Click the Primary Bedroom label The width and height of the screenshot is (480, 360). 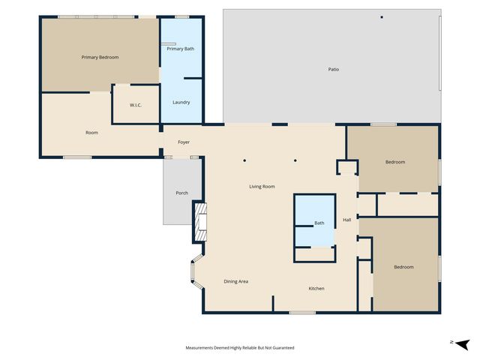click(100, 57)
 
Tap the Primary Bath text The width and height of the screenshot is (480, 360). click(180, 49)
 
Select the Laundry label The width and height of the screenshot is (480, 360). click(181, 102)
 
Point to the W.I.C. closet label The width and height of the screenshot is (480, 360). click(136, 105)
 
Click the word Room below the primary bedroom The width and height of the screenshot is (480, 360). click(91, 133)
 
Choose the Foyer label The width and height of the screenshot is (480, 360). click(183, 142)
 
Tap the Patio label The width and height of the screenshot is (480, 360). click(333, 69)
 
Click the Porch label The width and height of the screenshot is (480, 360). click(181, 193)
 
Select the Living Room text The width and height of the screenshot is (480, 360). click(262, 186)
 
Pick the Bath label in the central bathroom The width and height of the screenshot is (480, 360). click(319, 223)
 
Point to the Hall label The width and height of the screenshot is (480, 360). click(347, 220)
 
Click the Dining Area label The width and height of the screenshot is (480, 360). click(235, 281)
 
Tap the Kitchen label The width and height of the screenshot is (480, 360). click(316, 288)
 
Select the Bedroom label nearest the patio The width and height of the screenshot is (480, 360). click(395, 162)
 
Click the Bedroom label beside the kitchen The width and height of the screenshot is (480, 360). click(404, 266)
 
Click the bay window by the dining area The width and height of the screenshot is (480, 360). click(196, 273)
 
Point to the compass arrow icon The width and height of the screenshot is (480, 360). click(461, 343)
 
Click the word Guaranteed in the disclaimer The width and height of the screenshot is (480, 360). click(282, 348)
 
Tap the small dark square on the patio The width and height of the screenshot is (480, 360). click(381, 16)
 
